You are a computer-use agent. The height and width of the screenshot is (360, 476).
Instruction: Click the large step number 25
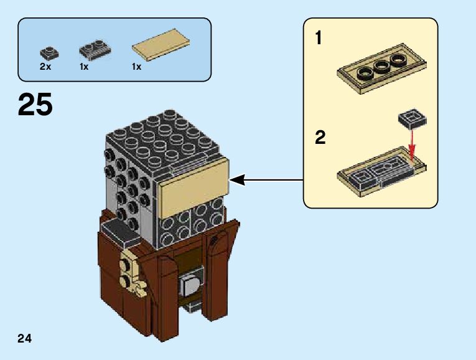tap(35, 105)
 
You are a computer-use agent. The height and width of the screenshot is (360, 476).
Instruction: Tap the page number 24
tap(25, 339)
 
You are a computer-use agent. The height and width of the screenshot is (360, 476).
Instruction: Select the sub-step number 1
tap(319, 39)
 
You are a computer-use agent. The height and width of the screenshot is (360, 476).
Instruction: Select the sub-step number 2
tap(320, 137)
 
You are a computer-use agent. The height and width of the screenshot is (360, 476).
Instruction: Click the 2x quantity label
tap(45, 66)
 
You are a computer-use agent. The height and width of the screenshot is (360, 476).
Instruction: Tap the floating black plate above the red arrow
tap(409, 118)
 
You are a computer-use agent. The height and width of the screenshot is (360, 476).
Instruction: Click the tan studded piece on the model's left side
tap(128, 271)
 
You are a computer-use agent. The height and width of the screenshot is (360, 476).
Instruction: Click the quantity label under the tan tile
tap(136, 66)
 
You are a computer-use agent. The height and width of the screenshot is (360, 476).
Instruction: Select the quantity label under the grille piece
tap(85, 66)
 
